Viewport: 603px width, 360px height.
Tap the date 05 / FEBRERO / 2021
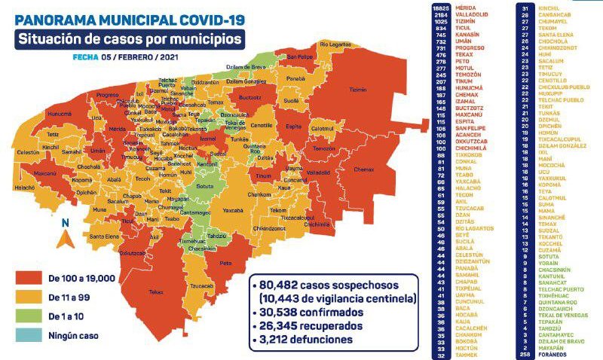tap(139, 56)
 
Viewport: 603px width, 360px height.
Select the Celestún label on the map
tap(28, 151)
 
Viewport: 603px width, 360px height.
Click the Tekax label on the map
tap(156, 291)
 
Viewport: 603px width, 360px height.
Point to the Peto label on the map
tap(225, 264)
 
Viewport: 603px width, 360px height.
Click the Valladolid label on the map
tap(318, 172)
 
